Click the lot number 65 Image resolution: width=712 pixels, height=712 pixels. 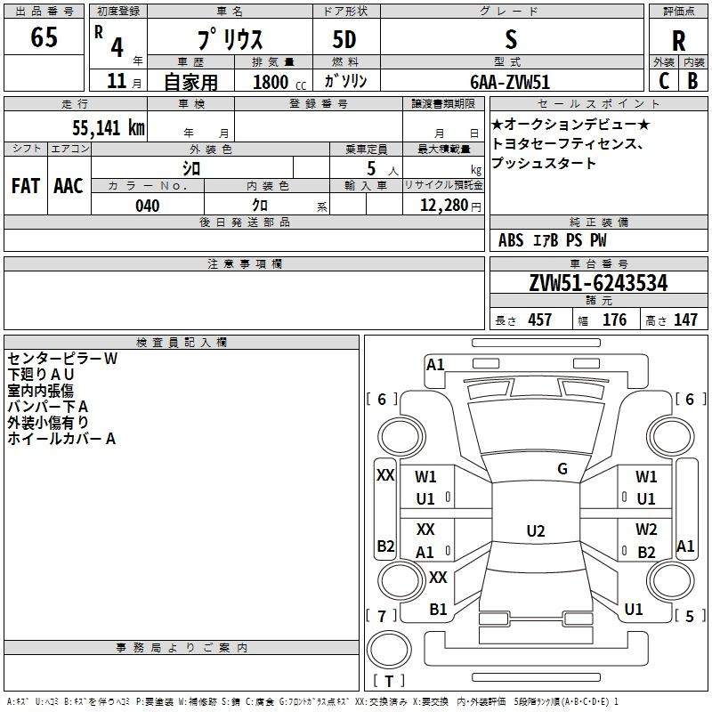(x=44, y=36)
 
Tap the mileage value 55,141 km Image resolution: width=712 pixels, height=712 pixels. (x=109, y=128)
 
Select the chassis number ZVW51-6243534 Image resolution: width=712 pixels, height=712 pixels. (x=598, y=283)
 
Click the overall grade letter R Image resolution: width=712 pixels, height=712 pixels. (x=678, y=41)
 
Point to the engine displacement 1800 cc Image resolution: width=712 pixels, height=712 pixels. (x=279, y=82)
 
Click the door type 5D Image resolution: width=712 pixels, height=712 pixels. (x=344, y=39)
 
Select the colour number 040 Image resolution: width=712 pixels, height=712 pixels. (x=148, y=206)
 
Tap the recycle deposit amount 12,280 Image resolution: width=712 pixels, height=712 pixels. (x=443, y=206)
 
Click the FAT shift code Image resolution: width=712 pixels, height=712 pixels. (x=26, y=186)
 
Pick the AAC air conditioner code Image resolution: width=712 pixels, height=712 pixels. (x=69, y=186)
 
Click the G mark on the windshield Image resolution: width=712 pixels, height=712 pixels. (x=562, y=468)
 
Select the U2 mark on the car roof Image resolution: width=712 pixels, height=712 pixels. (x=536, y=530)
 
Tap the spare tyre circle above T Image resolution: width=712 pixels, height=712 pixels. (x=389, y=650)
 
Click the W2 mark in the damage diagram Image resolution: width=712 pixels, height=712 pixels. (x=646, y=529)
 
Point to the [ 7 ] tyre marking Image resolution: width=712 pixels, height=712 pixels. (x=382, y=616)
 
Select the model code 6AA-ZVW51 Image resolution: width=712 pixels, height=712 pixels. (x=510, y=82)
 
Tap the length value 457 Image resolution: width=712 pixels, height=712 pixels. (x=540, y=320)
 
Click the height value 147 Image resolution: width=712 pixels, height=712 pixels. (x=685, y=320)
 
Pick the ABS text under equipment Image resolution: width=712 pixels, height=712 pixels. (x=511, y=240)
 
